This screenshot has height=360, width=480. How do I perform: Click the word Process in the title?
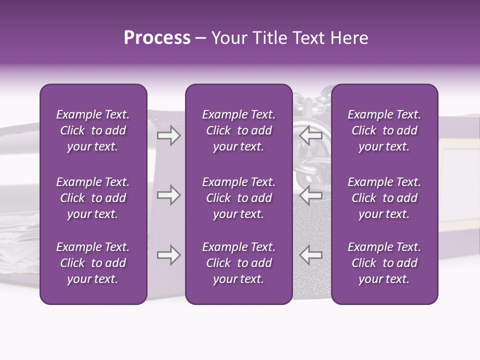[157, 38]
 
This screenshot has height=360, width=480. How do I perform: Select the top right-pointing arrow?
[169, 135]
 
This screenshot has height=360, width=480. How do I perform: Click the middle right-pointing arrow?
[169, 195]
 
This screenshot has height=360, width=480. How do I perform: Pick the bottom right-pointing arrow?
[169, 255]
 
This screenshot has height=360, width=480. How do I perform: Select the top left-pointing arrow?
[311, 135]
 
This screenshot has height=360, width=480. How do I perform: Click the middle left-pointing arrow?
[311, 195]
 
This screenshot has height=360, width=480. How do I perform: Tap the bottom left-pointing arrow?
[311, 255]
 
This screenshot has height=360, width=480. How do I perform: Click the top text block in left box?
[93, 130]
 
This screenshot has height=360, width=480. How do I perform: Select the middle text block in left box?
[93, 198]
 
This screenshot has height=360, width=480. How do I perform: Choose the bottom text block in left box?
[93, 263]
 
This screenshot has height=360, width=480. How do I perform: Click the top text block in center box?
[238, 130]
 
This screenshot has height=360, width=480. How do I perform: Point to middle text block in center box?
[238, 198]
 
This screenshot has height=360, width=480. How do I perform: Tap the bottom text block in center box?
[238, 263]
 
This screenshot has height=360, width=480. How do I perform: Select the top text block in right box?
[384, 130]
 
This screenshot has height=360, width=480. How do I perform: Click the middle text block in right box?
[384, 198]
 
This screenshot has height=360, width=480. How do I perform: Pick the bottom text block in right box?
[384, 263]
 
